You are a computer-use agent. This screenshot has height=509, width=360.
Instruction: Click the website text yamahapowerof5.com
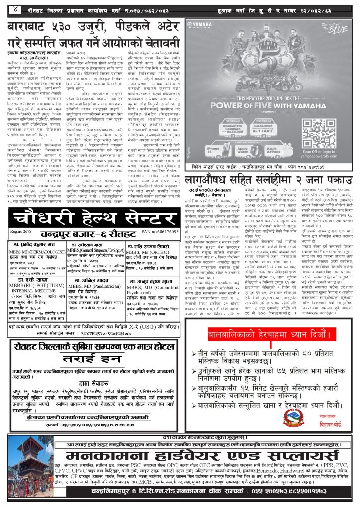[x=325, y=152]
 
